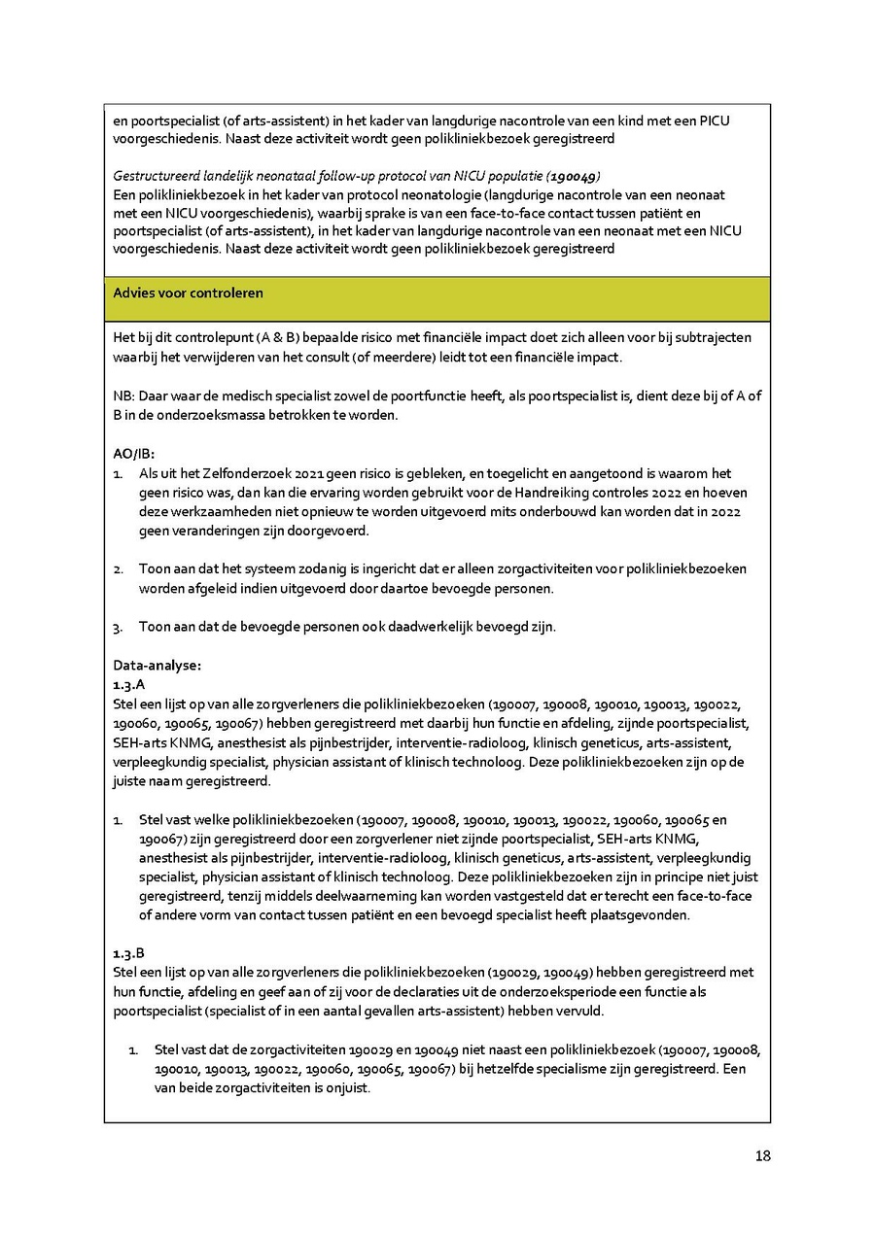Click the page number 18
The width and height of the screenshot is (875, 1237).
click(762, 1155)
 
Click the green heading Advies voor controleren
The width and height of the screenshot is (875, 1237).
click(188, 292)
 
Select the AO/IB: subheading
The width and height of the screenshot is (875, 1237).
click(134, 454)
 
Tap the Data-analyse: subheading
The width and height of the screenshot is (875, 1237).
click(157, 666)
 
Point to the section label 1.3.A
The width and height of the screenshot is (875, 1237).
click(129, 685)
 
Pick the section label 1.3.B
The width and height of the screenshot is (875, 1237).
click(129, 953)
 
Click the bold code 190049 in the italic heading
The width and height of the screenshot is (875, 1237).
click(573, 176)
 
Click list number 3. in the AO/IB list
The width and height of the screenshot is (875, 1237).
click(118, 627)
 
